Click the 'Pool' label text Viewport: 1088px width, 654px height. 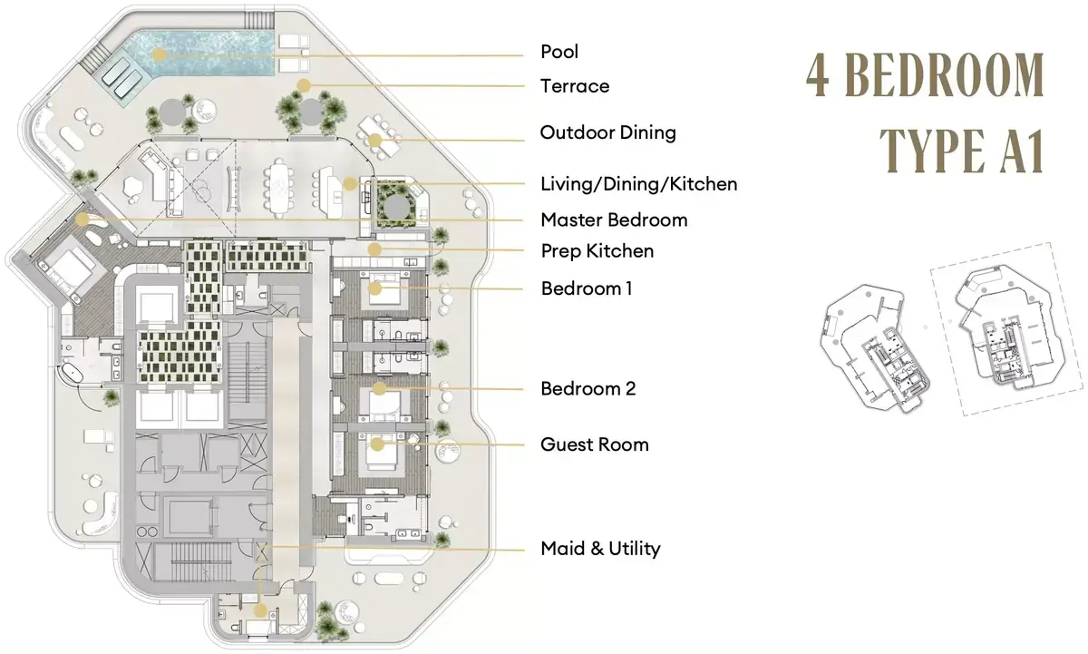[559, 52]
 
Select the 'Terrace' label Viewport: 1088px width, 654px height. [575, 86]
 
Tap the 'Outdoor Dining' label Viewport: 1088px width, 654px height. [607, 132]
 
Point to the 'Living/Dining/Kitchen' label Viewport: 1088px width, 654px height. [638, 184]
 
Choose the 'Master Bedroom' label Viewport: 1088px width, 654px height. [614, 220]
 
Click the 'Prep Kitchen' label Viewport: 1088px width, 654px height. [597, 251]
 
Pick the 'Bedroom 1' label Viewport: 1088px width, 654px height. [587, 288]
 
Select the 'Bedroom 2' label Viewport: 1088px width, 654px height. [588, 389]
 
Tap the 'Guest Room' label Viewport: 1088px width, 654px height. [595, 444]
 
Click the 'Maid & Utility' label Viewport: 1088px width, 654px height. [600, 549]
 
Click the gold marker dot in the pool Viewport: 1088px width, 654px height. [159, 54]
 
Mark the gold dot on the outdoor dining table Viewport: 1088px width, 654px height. [374, 141]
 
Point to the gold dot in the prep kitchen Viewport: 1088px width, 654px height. [374, 249]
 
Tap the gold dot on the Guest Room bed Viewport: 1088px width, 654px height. [377, 444]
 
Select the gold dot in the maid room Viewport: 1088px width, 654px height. [260, 610]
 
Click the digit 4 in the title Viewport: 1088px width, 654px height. [818, 75]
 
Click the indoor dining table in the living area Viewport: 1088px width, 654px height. [279, 188]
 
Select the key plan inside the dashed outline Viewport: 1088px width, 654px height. [1007, 329]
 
